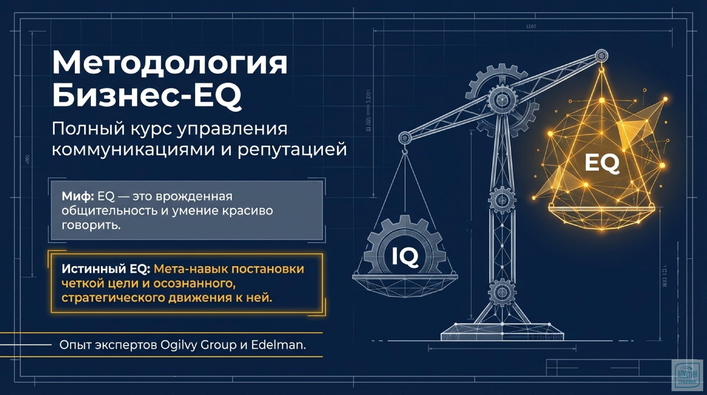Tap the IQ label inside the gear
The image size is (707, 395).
click(x=405, y=256)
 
